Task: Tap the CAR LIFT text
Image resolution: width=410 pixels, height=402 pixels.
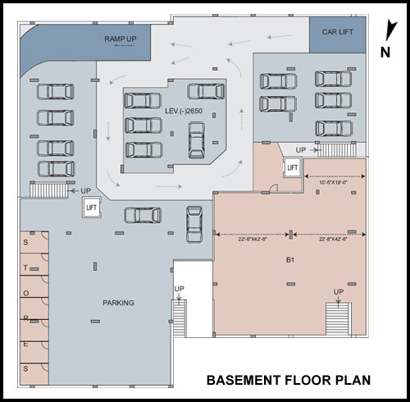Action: tap(336, 32)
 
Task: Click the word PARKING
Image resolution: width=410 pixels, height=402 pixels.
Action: tap(118, 303)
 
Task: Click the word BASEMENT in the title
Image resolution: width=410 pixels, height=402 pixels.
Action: tap(238, 381)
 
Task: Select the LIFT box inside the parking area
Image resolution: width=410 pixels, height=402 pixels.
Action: tap(91, 208)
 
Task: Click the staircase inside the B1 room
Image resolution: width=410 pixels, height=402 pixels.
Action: tap(338, 316)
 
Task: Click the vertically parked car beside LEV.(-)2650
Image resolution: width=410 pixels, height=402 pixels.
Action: tap(196, 140)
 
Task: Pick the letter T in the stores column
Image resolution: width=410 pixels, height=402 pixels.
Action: tap(25, 267)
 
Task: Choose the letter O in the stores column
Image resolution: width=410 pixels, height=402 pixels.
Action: tap(25, 292)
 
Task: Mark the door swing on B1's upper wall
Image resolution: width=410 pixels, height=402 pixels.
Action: tap(276, 187)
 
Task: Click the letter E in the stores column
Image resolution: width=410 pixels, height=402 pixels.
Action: tap(25, 345)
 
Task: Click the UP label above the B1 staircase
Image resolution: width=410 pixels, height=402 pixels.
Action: tap(338, 292)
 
